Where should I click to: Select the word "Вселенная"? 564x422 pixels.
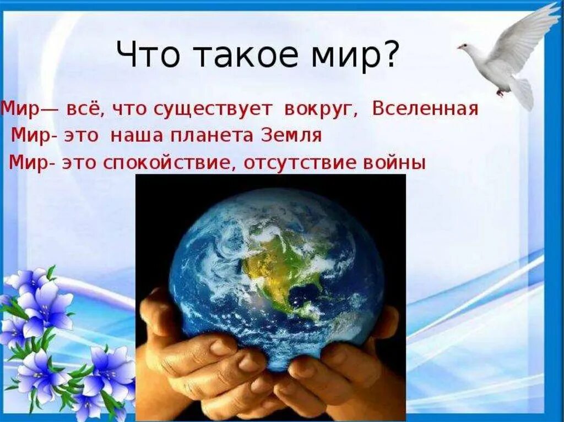pyautogui.click(x=425, y=109)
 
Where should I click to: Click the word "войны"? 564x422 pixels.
pyautogui.click(x=394, y=163)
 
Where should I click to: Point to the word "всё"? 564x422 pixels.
pyautogui.click(x=85, y=109)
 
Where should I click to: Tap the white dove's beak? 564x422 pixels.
pyautogui.click(x=459, y=47)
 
